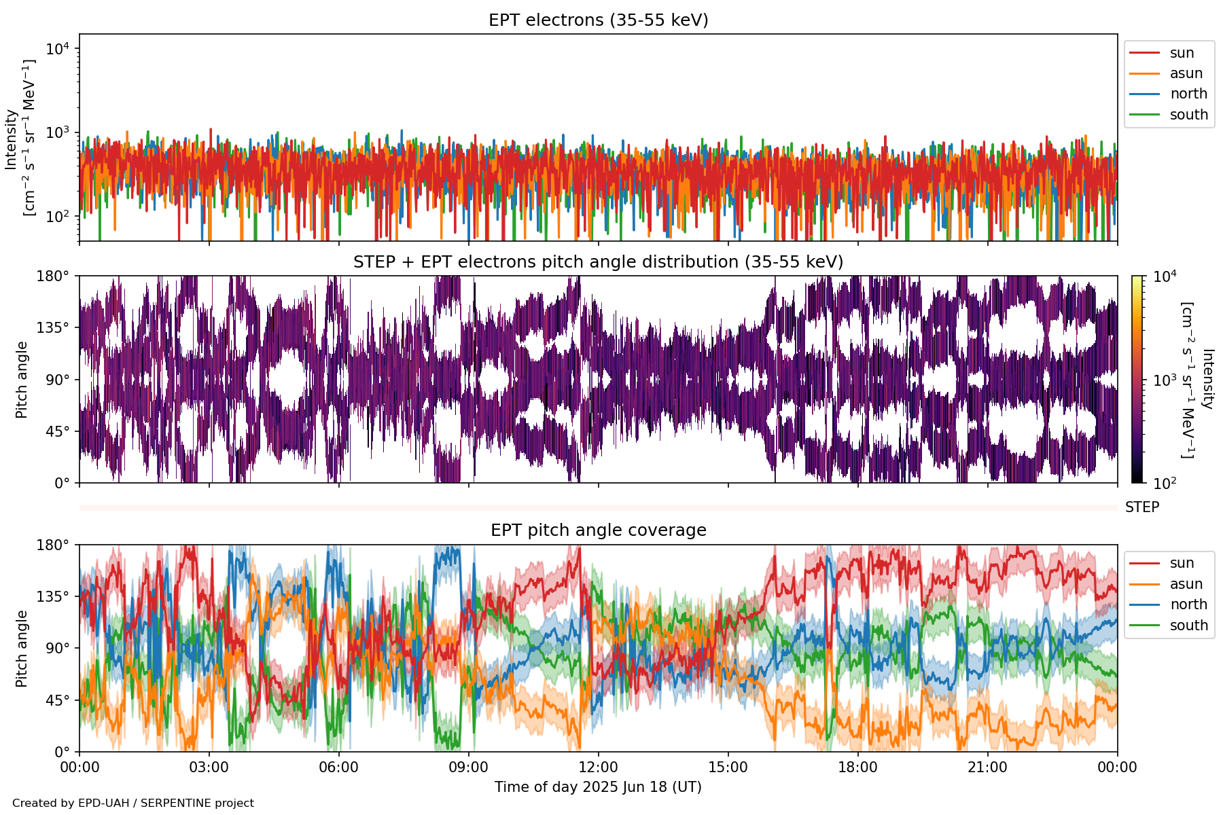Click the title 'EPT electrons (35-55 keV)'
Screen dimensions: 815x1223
(598, 20)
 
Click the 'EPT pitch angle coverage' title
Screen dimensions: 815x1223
(598, 530)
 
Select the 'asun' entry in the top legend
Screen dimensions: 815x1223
(1186, 73)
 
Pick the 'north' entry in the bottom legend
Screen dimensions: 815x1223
(1188, 604)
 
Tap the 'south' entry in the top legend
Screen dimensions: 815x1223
(1188, 115)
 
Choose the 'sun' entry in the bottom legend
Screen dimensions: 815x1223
(1182, 563)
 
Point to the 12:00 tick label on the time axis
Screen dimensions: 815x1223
(598, 767)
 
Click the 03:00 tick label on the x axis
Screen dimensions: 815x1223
(209, 767)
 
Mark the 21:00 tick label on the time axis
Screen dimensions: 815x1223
(987, 767)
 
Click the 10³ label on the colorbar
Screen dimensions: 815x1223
(1165, 380)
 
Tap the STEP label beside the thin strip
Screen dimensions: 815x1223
(1141, 507)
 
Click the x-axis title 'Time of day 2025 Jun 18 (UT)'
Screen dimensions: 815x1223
(598, 787)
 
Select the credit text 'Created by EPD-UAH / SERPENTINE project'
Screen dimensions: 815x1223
(133, 803)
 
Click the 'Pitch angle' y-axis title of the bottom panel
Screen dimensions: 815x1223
(22, 649)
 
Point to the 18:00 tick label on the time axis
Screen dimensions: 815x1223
(857, 767)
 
